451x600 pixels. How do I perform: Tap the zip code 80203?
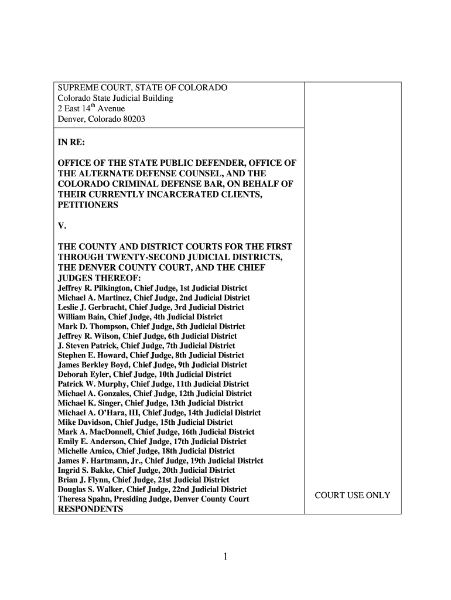[133, 119]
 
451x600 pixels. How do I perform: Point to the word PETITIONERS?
[88, 205]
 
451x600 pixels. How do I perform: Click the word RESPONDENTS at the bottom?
[90, 509]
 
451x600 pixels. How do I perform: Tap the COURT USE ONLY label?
[352, 495]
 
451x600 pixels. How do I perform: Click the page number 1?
[225, 557]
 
